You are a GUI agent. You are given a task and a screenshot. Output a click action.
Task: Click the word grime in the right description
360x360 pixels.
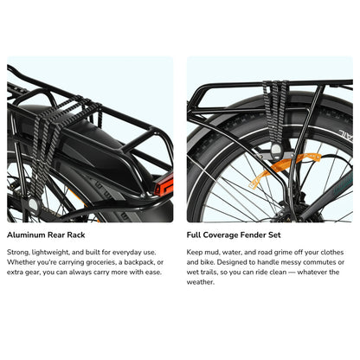click(x=286, y=252)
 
